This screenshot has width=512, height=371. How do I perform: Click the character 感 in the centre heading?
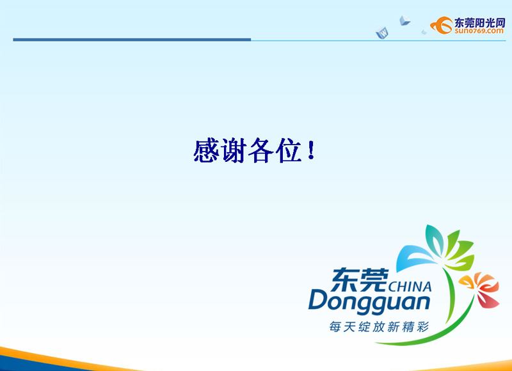[205, 150]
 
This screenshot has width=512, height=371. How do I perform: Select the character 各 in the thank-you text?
[260, 150]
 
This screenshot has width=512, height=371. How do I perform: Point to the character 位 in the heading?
[289, 150]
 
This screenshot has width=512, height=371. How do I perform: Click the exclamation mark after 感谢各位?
[311, 150]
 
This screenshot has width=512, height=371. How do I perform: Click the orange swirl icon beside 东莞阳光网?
[442, 25]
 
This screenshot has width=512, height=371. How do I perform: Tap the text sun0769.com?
[479, 31]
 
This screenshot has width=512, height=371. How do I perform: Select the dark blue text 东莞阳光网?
[479, 22]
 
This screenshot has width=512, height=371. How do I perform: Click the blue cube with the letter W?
[382, 33]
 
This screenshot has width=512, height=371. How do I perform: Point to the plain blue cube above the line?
[404, 20]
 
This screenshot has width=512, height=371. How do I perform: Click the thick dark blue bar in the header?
[132, 40]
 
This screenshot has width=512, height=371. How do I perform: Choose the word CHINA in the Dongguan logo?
[410, 286]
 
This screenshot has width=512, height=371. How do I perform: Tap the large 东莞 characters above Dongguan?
[360, 280]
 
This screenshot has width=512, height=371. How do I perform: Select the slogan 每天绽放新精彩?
[379, 327]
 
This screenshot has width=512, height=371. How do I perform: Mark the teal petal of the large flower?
[435, 240]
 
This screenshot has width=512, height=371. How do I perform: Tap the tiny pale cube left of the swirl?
[424, 32]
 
